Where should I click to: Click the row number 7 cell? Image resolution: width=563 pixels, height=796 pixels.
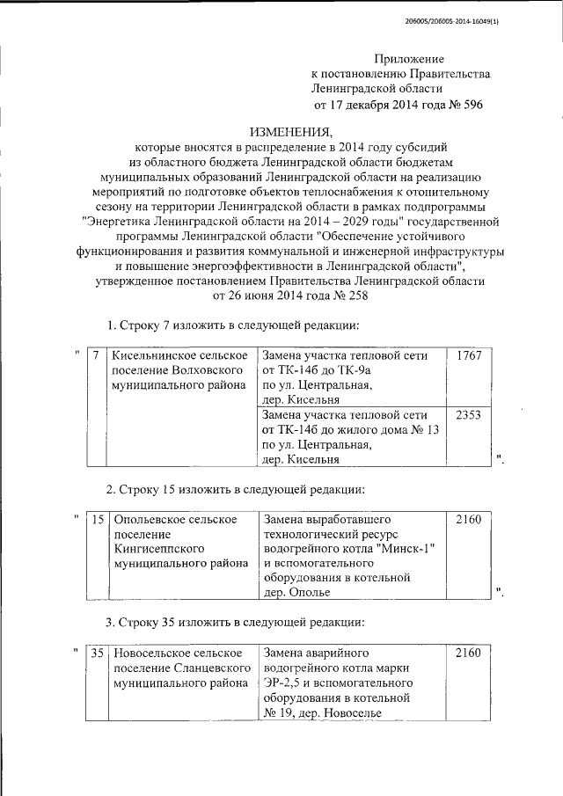[x=95, y=355]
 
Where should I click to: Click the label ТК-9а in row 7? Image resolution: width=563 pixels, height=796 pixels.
[x=354, y=370]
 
